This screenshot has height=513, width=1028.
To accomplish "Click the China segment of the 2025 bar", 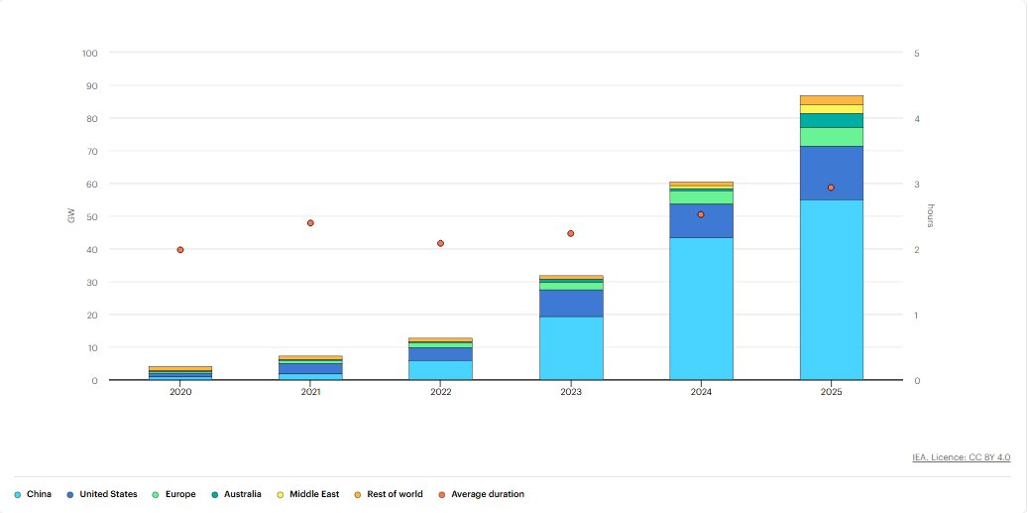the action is (832, 290).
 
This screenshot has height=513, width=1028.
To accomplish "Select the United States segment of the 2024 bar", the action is (701, 221).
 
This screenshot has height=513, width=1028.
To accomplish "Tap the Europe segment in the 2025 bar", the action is (832, 137).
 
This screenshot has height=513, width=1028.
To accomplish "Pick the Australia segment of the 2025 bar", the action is (832, 121).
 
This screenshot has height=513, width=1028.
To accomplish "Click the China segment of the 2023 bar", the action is (571, 348).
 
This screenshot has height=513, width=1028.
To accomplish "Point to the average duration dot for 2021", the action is (310, 223).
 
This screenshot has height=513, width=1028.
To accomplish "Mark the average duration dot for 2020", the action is (180, 250).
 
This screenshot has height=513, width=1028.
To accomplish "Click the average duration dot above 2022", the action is (440, 243).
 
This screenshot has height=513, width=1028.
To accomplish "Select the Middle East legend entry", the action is (308, 494).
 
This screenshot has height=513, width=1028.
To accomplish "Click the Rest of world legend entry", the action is (389, 494).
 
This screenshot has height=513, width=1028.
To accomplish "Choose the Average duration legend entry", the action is (481, 494).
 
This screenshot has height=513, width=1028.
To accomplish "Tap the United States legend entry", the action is (102, 494).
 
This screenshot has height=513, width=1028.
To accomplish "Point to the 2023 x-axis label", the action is (571, 392).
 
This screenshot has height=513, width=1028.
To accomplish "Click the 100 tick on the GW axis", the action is (90, 54).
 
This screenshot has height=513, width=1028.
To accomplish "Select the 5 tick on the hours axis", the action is (917, 54).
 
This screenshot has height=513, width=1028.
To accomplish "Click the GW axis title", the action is (71, 216).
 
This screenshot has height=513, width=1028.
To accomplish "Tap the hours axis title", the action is (930, 216).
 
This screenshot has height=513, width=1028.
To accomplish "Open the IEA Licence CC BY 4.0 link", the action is (962, 457).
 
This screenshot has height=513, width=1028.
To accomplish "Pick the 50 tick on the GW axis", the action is (92, 216).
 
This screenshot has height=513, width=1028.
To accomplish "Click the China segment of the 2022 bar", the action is (440, 371).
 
